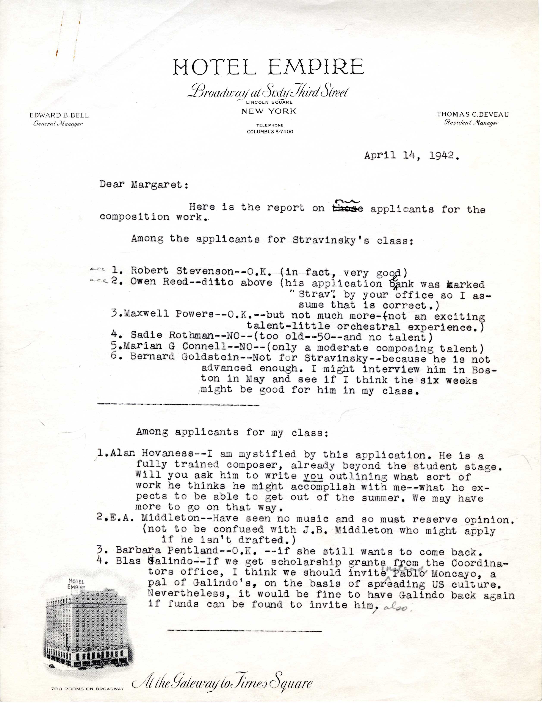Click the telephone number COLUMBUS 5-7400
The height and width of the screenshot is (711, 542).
tap(270, 132)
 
